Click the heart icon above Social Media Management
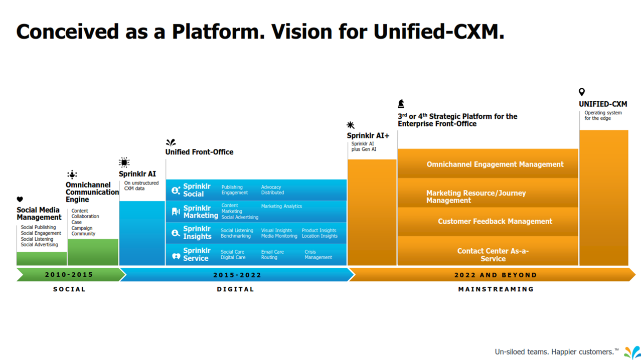[20, 200]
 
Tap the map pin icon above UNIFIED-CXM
[582, 92]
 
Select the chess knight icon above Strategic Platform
[401, 104]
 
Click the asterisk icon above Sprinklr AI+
[351, 125]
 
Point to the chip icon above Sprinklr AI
[124, 162]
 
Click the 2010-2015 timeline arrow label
[69, 275]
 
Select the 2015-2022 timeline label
[237, 275]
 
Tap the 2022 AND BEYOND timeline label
[495, 275]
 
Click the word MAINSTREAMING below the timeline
[496, 289]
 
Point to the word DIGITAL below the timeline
[235, 289]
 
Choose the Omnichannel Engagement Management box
[495, 164]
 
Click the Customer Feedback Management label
[495, 221]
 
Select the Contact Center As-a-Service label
[493, 255]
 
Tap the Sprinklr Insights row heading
[197, 233]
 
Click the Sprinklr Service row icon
[176, 256]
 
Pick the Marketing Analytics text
[281, 206]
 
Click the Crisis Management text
[318, 255]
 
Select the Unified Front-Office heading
[199, 152]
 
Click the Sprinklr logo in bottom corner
[632, 352]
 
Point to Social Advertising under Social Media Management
[39, 245]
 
